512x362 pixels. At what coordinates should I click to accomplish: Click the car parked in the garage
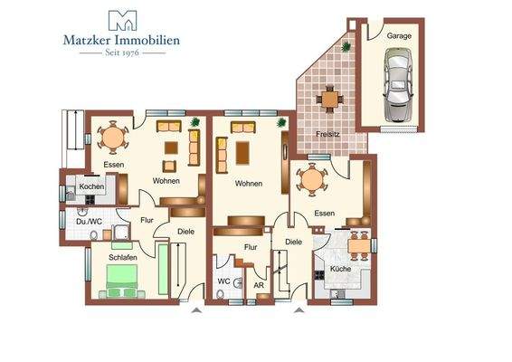[398, 85]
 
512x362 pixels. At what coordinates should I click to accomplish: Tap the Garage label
[399, 35]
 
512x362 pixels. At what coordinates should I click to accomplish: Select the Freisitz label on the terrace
[328, 134]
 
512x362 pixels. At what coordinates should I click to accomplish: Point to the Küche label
[341, 269]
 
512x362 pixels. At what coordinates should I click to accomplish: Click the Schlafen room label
[122, 257]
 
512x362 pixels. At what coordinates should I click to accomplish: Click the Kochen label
[91, 186]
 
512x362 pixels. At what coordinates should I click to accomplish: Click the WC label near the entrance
[223, 282]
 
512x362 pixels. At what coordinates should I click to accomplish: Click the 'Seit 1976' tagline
[122, 53]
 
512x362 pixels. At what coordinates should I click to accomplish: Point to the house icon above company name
[122, 19]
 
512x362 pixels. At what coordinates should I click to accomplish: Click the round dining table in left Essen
[112, 138]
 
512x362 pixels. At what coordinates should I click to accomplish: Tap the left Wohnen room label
[166, 181]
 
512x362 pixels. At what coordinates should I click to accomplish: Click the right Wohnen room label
[248, 184]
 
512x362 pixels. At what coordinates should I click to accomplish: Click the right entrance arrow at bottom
[299, 311]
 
